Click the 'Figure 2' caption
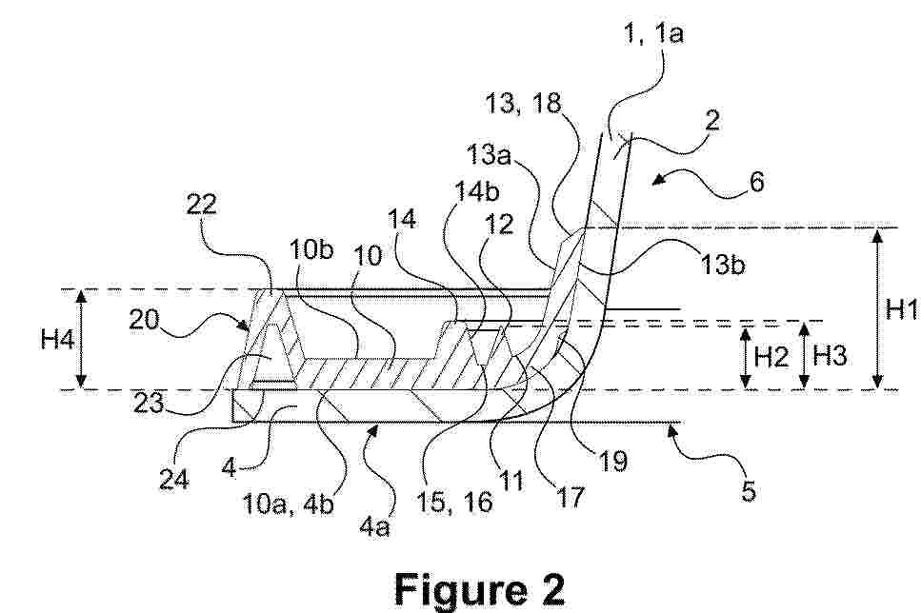tap(479, 589)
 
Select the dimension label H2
tap(771, 356)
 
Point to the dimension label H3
tap(829, 356)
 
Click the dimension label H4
tap(57, 339)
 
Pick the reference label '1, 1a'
tap(653, 33)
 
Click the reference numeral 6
tap(757, 182)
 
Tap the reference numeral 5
tap(749, 490)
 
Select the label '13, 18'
tap(523, 104)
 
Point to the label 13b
tap(723, 265)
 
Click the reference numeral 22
tap(202, 205)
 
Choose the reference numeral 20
tap(145, 320)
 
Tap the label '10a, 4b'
tap(288, 504)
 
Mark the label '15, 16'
tap(454, 503)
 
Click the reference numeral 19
tap(612, 462)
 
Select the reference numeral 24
tap(174, 479)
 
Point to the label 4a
tap(374, 526)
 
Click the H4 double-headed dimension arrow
tap(82, 340)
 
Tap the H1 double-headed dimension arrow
tap(877, 308)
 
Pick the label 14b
tap(477, 191)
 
